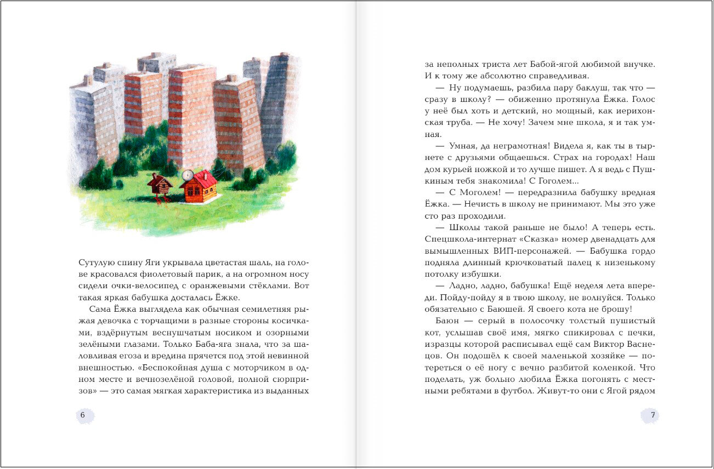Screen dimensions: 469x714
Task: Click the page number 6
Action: tap(83, 415)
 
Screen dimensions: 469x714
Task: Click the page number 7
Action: tap(653, 415)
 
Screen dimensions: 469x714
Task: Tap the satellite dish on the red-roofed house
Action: tap(187, 175)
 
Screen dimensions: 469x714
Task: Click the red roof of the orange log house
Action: tap(202, 179)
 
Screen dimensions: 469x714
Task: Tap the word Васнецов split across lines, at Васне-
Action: tap(638, 344)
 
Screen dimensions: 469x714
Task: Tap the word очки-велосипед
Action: tap(124, 285)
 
